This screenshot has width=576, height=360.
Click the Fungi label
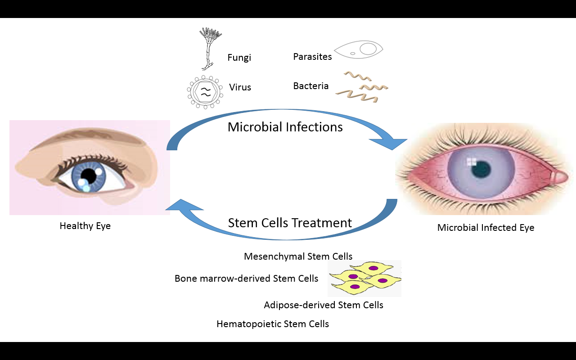(x=239, y=58)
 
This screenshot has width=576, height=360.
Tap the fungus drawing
(x=208, y=49)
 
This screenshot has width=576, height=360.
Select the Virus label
(x=240, y=87)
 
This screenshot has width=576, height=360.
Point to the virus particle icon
(x=205, y=92)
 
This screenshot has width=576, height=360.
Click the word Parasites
(x=312, y=57)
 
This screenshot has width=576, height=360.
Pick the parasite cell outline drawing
(x=359, y=49)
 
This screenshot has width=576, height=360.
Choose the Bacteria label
(x=311, y=86)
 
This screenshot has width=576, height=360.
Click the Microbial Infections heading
(x=285, y=127)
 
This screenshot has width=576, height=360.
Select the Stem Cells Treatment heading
(x=290, y=223)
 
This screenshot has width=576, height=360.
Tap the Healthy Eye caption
(x=85, y=226)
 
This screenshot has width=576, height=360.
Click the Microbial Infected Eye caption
(x=486, y=228)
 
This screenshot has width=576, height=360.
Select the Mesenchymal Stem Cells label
(x=298, y=256)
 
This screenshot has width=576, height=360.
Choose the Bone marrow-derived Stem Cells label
(x=246, y=279)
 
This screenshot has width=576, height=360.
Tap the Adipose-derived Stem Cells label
(x=324, y=305)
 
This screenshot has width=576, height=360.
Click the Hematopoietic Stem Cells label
(x=273, y=324)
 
